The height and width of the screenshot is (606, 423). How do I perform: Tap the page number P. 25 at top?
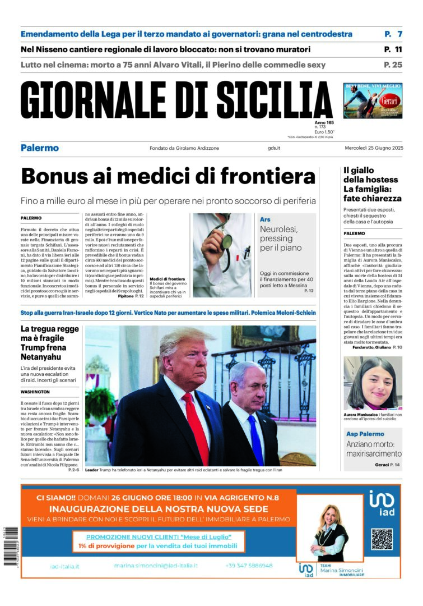(x=393, y=65)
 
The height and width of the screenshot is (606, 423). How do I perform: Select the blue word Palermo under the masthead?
(x=39, y=148)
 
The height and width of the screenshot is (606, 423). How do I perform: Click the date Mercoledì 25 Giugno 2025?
(x=373, y=148)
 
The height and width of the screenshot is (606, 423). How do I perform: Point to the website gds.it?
(x=274, y=148)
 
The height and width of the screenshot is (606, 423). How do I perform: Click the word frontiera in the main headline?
(x=268, y=177)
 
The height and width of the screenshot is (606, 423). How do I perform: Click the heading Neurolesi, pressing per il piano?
(x=280, y=238)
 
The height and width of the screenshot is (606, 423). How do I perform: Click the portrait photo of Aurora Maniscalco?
(x=373, y=383)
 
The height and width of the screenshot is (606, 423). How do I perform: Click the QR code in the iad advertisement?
(x=382, y=539)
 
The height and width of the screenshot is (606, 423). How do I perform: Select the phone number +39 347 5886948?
(x=249, y=566)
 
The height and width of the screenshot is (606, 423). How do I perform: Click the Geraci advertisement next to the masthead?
(x=373, y=100)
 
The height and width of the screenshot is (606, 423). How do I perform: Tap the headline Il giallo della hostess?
(x=371, y=175)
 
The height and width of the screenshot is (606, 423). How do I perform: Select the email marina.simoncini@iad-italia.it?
(x=156, y=566)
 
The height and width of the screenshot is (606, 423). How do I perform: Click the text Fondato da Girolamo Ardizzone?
(x=184, y=148)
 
